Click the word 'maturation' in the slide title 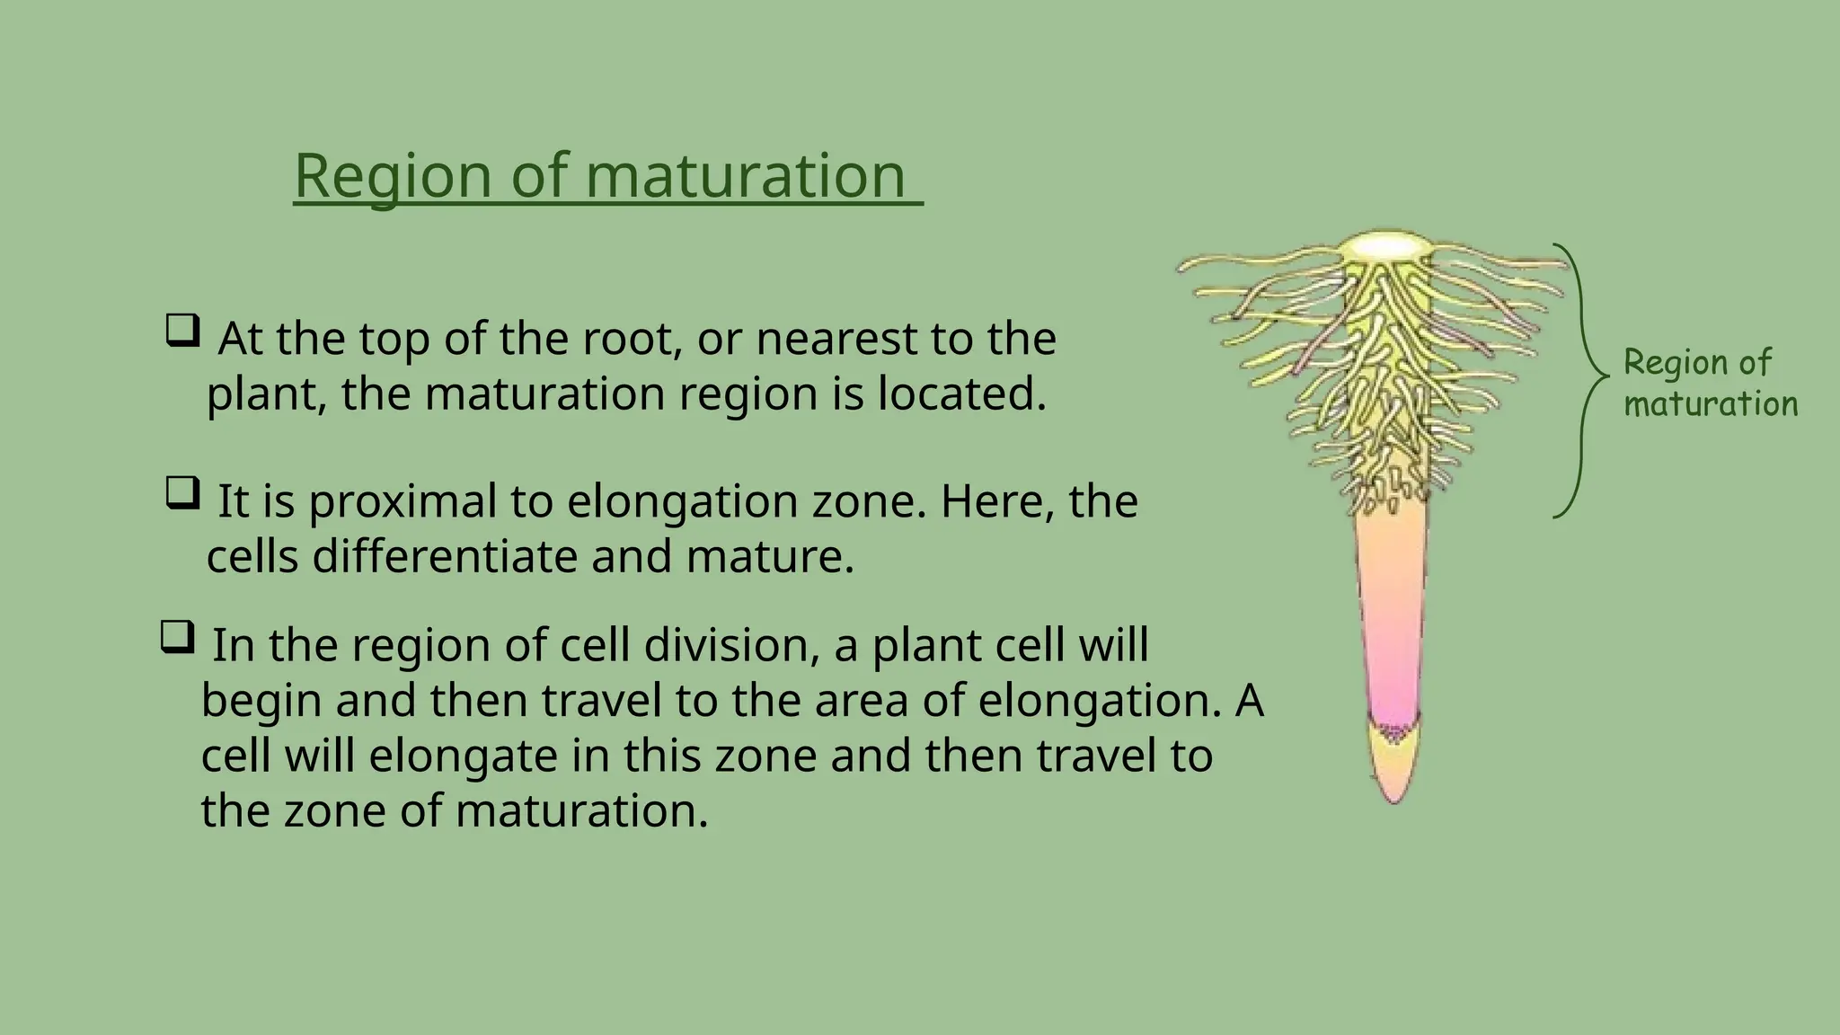(x=745, y=176)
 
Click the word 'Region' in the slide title (x=393, y=176)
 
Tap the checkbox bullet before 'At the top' (x=182, y=332)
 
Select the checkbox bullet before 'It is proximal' (x=182, y=493)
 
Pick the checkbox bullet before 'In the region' (x=177, y=638)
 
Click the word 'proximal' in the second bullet (x=402, y=502)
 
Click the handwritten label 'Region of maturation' (x=1710, y=384)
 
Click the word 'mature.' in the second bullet (x=770, y=557)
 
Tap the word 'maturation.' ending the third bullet (x=582, y=811)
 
